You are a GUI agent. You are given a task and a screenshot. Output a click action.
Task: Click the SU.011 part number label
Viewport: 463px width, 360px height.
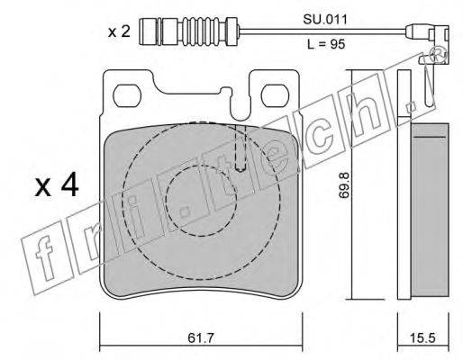click(x=325, y=20)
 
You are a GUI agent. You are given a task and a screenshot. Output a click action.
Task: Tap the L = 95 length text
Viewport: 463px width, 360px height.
click(x=326, y=44)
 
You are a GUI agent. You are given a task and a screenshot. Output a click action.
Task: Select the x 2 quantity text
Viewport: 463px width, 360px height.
click(x=119, y=31)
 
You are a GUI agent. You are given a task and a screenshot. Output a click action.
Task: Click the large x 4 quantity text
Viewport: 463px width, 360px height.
click(x=57, y=186)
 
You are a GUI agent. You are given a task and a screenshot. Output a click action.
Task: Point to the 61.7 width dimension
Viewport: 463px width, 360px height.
click(x=200, y=338)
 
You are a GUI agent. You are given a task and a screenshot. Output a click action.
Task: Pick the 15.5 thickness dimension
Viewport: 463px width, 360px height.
click(x=422, y=338)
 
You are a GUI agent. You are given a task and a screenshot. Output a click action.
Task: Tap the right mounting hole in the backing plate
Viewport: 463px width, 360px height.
click(x=276, y=94)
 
